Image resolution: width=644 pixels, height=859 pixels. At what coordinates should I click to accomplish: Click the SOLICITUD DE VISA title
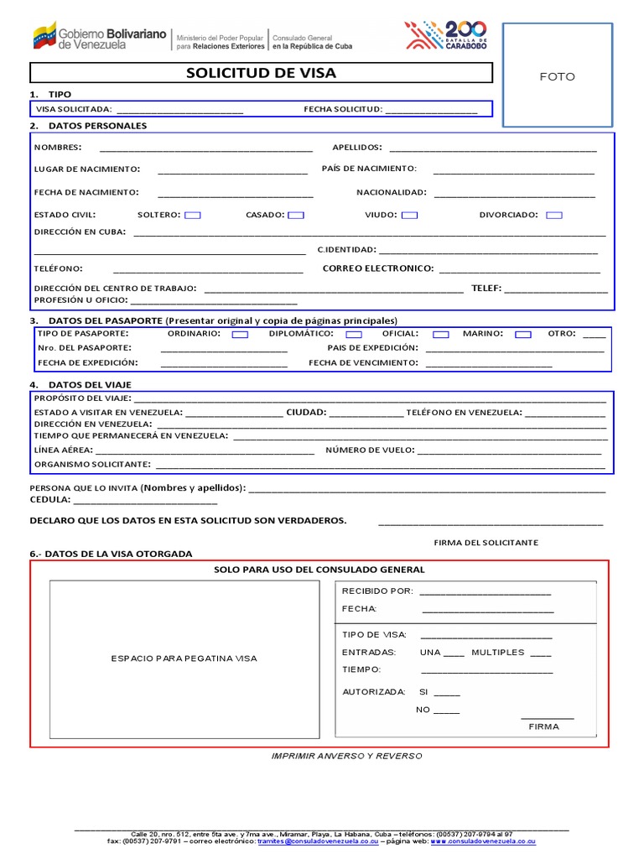tap(261, 73)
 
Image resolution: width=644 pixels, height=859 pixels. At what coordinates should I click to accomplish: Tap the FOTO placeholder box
tap(557, 76)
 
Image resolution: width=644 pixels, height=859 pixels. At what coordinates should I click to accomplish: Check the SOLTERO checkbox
tap(192, 216)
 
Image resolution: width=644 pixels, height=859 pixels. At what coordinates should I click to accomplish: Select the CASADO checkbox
tap(295, 216)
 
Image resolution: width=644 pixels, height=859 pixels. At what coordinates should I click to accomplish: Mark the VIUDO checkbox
tap(409, 216)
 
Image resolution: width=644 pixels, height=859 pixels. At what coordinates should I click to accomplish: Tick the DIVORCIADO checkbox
tap(553, 216)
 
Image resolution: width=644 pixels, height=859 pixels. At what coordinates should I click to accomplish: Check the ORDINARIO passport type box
tap(240, 335)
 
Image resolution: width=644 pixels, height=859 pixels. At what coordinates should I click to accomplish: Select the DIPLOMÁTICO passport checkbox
tap(354, 335)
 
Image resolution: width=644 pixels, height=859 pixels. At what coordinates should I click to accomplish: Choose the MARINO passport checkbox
tap(523, 335)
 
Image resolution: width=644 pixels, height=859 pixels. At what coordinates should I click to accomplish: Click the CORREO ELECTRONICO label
tap(378, 268)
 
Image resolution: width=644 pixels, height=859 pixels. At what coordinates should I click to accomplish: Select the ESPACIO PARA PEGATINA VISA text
tap(184, 659)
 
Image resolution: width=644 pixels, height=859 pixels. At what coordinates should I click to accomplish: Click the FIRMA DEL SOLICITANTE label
tap(486, 543)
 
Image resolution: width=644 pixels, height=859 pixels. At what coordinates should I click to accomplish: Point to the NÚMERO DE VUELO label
tap(370, 450)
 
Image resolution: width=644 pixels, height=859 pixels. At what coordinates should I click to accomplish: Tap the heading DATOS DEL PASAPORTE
tap(105, 320)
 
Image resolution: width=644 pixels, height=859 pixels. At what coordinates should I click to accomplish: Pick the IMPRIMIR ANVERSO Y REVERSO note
tap(346, 756)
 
